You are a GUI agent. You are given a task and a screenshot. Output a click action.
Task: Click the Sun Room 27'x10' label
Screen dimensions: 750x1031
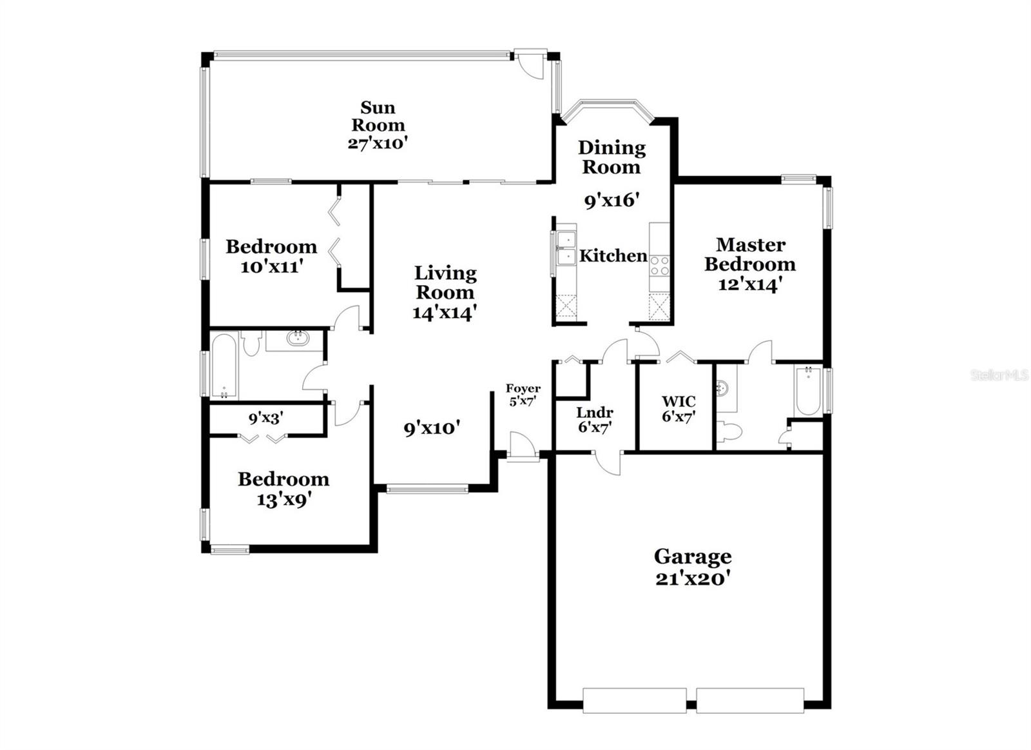378,125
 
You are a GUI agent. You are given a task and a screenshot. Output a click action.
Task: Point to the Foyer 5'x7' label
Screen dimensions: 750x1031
523,395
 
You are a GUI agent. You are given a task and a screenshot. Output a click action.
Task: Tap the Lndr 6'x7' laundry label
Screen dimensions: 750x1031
594,419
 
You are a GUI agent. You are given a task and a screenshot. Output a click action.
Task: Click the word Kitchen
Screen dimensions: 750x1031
613,256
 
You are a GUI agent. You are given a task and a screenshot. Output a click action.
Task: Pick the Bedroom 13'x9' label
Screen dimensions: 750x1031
284,488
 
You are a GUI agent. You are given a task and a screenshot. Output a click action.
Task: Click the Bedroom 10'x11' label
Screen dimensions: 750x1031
271,256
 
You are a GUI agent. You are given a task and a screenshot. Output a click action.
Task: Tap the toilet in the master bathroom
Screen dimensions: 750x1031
729,431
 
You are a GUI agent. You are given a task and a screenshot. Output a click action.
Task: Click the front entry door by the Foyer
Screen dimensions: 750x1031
523,447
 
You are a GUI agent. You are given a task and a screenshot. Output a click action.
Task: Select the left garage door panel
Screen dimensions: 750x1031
634,700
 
